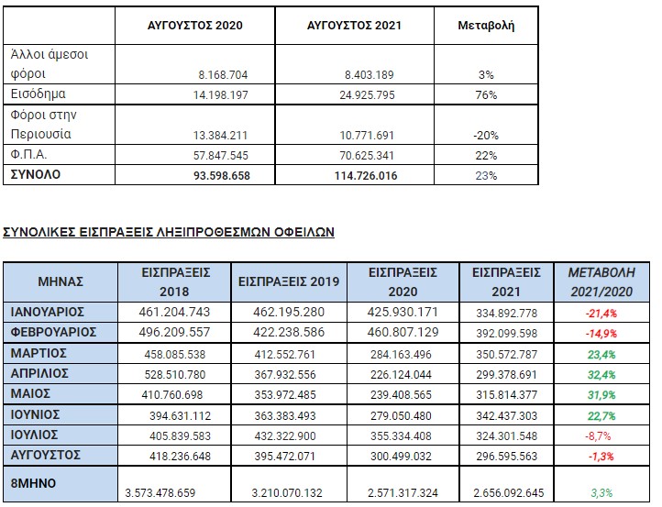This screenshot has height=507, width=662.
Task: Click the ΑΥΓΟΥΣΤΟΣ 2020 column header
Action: point(195,26)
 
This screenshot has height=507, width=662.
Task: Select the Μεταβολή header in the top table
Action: point(486,26)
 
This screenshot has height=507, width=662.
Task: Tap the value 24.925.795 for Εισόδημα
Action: point(367,94)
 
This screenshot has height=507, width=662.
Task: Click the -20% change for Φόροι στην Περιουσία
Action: point(486,135)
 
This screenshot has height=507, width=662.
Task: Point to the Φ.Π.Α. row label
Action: point(28,155)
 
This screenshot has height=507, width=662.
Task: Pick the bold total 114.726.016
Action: point(366,176)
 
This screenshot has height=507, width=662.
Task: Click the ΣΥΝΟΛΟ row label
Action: point(36,174)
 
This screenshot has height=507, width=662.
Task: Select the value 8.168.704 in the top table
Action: point(223,74)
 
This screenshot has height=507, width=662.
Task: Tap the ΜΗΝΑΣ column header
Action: point(61,281)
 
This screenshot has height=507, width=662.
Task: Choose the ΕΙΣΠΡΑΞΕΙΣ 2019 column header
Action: point(289,281)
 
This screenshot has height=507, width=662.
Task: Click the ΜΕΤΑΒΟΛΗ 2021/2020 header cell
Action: point(601,282)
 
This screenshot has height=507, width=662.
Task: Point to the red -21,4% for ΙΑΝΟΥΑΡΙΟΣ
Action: point(601,314)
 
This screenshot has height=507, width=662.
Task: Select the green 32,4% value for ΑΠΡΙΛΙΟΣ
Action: point(601,374)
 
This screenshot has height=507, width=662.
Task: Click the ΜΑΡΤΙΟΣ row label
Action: point(39,353)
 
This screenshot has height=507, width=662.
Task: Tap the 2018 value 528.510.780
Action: point(175,374)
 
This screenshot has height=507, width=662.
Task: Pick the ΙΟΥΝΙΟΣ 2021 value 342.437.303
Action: point(507,415)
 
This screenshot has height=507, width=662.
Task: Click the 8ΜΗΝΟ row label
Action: point(33,483)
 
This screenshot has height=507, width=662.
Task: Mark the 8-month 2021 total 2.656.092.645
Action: point(509,492)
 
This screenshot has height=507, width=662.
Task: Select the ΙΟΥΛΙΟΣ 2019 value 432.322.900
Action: point(285,435)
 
